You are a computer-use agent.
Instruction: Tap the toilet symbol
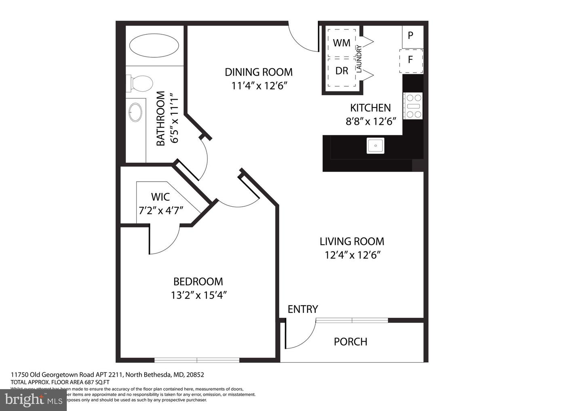point(139,84)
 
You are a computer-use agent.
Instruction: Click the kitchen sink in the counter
point(375,145)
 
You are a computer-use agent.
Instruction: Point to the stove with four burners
point(413,106)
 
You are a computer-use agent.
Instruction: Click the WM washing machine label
point(342,42)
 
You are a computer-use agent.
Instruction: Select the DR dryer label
point(342,71)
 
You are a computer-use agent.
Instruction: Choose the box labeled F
point(411,60)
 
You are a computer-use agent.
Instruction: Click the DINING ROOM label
point(259,72)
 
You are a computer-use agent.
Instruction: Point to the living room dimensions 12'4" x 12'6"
point(352,255)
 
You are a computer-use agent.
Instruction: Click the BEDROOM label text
point(198,281)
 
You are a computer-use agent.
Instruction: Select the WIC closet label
point(160,197)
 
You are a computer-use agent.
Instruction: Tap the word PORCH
point(350,342)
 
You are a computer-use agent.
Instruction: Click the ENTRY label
point(303,309)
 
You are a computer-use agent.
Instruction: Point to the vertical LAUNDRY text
point(359,59)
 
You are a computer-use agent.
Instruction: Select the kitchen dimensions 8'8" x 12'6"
point(371,122)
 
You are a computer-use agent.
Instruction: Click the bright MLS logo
point(33,400)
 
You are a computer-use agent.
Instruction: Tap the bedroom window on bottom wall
point(197,359)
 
